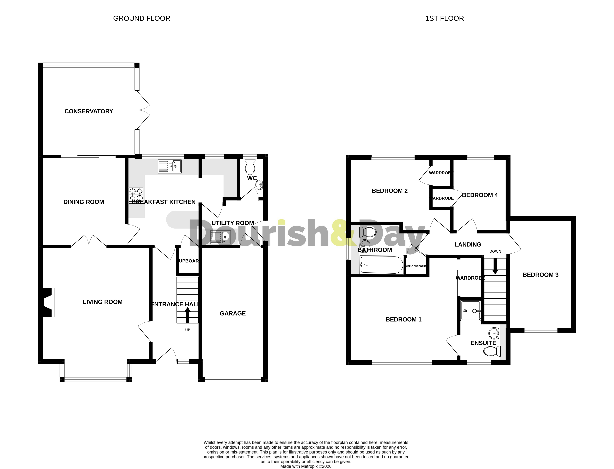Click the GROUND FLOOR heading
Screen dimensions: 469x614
pos(142,18)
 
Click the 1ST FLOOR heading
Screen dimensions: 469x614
pos(444,18)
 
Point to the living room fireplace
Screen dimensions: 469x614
pos(48,302)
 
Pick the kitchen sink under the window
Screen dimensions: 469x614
pos(170,166)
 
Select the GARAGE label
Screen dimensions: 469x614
pos(233,313)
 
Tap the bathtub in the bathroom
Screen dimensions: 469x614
pos(382,265)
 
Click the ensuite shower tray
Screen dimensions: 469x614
pos(471,311)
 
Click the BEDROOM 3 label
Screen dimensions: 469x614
pos(541,275)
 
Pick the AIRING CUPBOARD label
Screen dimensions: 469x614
pos(416,266)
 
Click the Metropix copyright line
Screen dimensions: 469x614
pos(306,466)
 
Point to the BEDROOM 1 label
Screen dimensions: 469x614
pos(403,319)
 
